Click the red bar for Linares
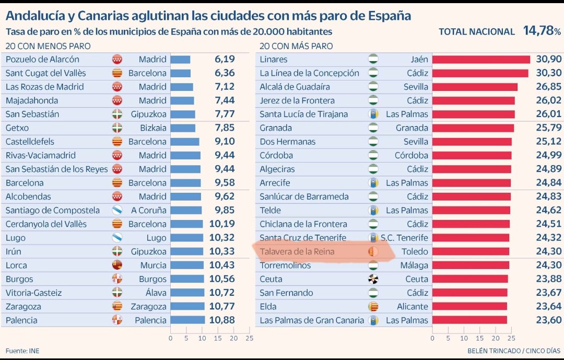click(x=480, y=60)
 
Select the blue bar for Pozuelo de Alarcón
click(x=180, y=60)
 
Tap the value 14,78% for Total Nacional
click(x=542, y=31)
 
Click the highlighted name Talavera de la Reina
click(x=297, y=252)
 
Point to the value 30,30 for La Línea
click(x=547, y=73)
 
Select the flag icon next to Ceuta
click(x=373, y=279)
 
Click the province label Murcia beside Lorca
click(x=153, y=265)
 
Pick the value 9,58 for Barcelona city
click(x=224, y=183)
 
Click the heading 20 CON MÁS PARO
click(x=296, y=46)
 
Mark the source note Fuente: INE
click(x=23, y=350)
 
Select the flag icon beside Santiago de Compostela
click(x=117, y=211)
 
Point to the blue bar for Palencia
click(x=187, y=320)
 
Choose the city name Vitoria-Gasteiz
click(x=33, y=293)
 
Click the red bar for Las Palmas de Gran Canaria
click(x=469, y=320)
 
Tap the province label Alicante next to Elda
click(x=412, y=307)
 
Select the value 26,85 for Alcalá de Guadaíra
click(x=547, y=87)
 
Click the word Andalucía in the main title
click(x=37, y=15)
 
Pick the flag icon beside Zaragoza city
click(x=117, y=307)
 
